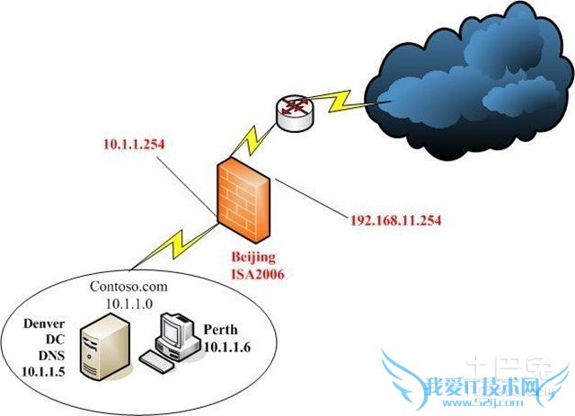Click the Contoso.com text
tap(128, 287)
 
